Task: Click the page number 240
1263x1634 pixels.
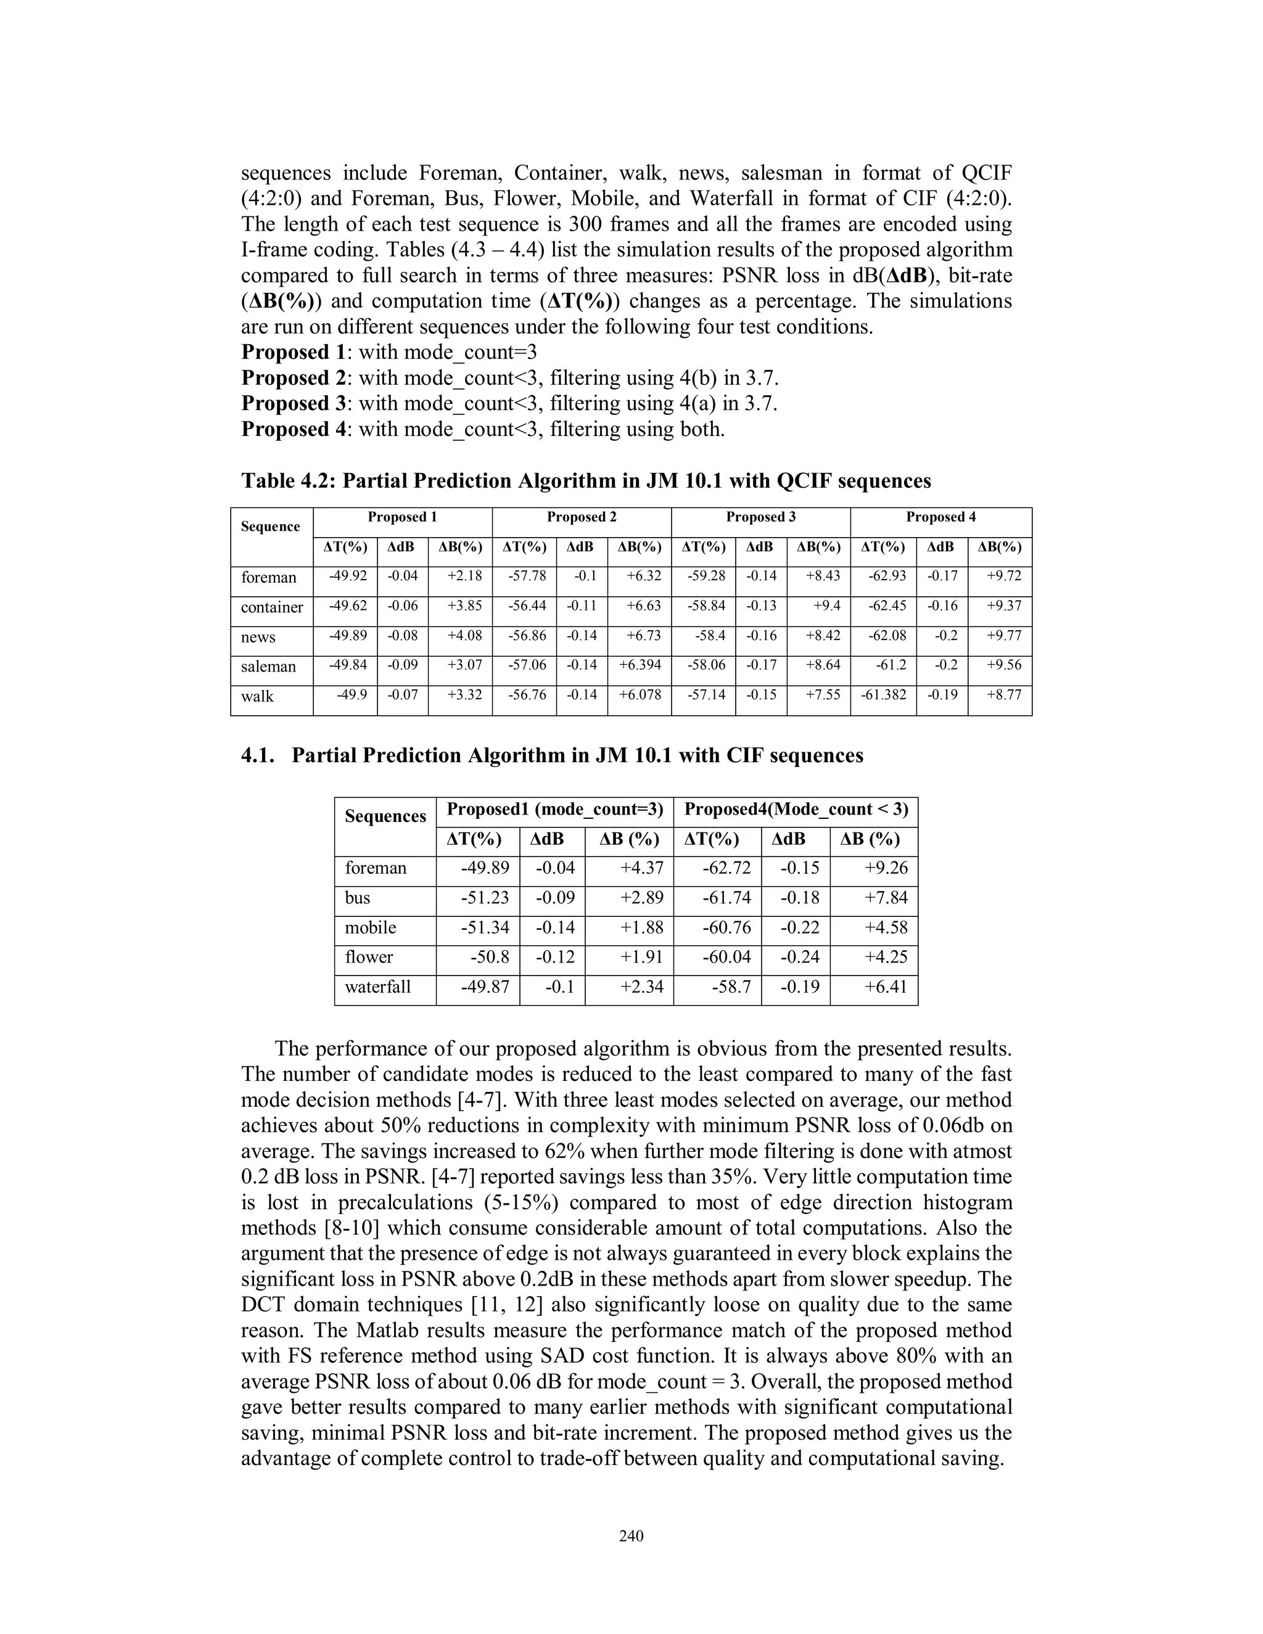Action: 631,1536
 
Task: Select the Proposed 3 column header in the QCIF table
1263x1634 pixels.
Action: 760,517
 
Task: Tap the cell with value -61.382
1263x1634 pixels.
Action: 884,695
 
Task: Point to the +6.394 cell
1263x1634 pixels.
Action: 640,665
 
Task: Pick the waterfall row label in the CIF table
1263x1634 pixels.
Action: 378,987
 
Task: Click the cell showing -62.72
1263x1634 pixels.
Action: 726,868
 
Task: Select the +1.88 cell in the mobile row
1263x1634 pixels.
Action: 642,928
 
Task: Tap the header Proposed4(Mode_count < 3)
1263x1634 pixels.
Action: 796,810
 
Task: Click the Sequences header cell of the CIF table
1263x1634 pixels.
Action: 385,816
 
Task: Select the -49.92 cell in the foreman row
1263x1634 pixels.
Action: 348,576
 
